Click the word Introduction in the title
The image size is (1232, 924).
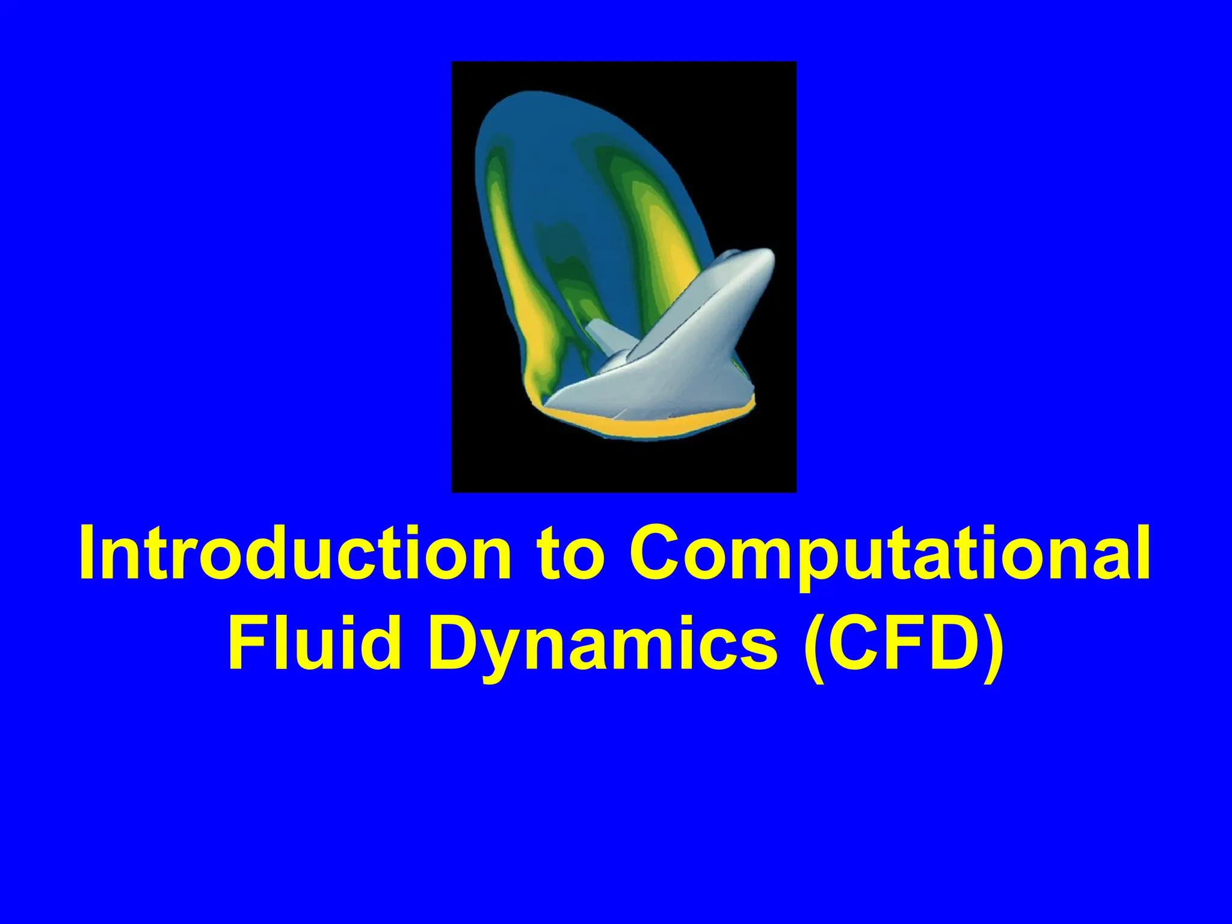(x=295, y=552)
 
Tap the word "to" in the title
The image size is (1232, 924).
(x=570, y=552)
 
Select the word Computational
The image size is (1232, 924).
(x=890, y=552)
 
